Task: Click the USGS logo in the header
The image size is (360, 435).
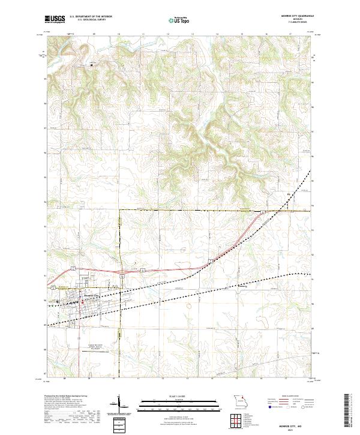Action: pos(55,20)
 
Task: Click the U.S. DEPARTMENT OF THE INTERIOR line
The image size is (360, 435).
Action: pos(91,16)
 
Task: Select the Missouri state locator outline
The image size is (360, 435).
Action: pos(240,400)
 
